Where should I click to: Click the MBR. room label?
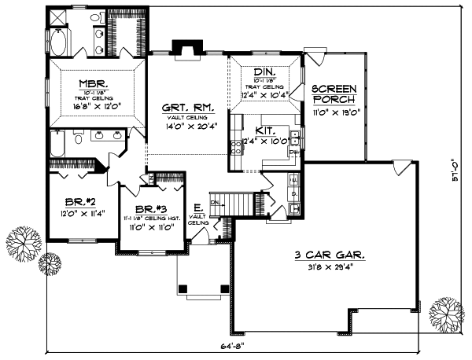tap(93, 83)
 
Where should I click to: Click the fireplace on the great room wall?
tap(187, 49)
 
